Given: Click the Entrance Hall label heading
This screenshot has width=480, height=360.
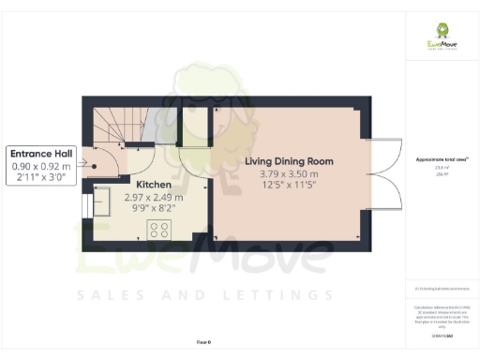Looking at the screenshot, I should pyautogui.click(x=41, y=153).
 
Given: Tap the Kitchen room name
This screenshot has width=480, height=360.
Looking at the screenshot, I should pyautogui.click(x=153, y=185).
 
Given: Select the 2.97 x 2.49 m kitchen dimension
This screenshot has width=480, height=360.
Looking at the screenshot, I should pyautogui.click(x=154, y=198).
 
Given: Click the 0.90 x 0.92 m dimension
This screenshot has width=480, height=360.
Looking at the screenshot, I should pyautogui.click(x=41, y=166).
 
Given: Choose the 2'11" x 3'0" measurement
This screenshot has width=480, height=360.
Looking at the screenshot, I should pyautogui.click(x=41, y=178).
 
